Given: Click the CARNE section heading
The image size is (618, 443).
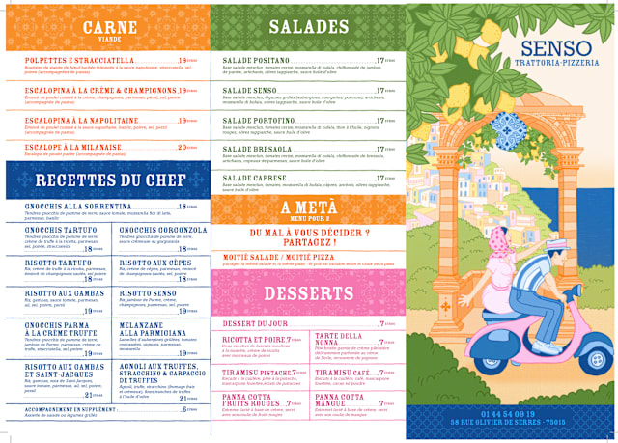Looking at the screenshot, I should point(109,26).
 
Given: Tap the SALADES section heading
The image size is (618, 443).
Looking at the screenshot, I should point(308,27).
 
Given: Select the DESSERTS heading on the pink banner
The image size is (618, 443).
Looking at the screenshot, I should point(308,292).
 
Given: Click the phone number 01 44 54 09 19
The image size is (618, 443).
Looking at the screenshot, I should point(521,413).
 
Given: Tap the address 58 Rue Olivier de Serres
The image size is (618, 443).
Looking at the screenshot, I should point(521,423).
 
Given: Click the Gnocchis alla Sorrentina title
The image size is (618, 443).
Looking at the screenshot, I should point(78,207).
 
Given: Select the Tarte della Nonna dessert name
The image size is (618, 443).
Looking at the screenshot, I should point(338,339).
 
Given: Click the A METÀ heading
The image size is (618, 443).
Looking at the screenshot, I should point(308,208).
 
